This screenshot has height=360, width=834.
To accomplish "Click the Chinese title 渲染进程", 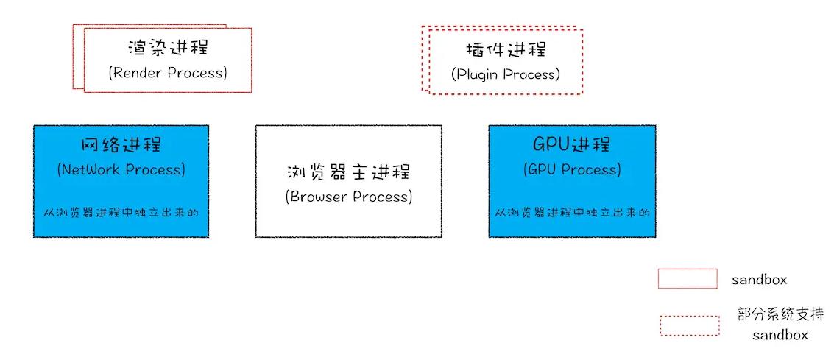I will (168, 48).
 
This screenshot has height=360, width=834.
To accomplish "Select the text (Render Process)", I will (168, 73).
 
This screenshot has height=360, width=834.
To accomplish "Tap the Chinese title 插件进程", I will (506, 50).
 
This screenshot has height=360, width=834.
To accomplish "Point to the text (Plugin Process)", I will (506, 74).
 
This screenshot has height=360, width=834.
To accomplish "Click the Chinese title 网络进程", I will (121, 144).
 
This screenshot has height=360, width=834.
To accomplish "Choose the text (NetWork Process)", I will (121, 169).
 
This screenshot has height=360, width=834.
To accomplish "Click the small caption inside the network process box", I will (121, 212).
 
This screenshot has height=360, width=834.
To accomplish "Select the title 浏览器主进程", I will (348, 172).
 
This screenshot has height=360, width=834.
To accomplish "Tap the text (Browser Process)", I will (348, 197).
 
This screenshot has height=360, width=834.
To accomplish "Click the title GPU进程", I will (572, 144).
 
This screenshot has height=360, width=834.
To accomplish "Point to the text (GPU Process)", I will (572, 169).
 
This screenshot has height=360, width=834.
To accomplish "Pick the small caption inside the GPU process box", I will (572, 212).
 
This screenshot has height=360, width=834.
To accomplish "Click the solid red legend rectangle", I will (688, 278).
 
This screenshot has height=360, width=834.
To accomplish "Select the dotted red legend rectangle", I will (689, 325).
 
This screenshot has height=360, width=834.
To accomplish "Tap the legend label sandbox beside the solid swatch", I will (759, 280).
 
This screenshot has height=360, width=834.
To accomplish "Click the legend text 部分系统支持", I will (780, 314).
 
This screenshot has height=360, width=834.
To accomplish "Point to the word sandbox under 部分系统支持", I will (780, 335).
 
